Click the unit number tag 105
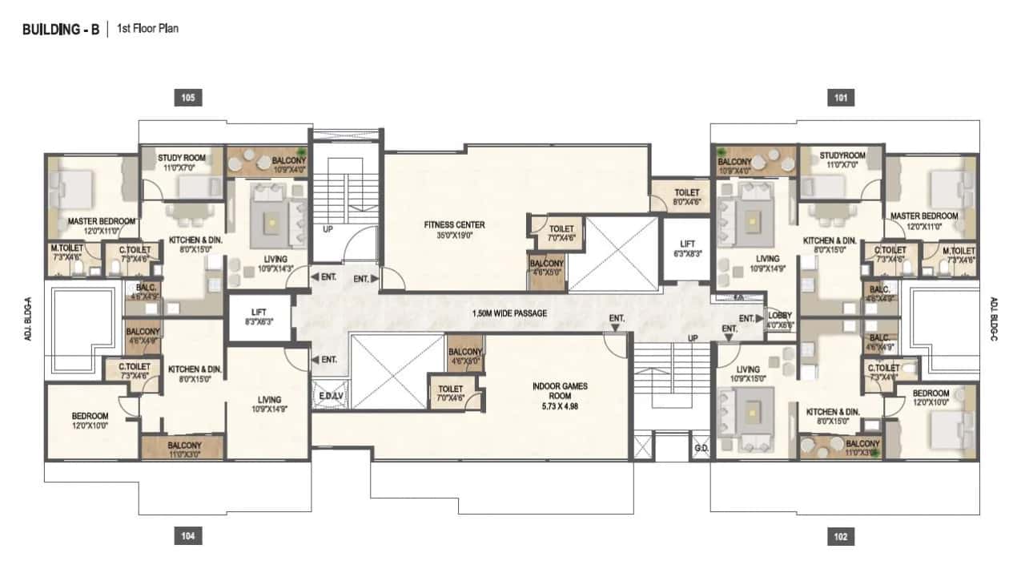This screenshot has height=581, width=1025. [x=187, y=98]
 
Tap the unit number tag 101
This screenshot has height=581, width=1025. [x=840, y=98]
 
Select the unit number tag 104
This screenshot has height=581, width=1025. [x=187, y=536]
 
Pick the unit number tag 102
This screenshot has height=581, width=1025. [x=840, y=536]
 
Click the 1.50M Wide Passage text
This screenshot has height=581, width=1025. [x=510, y=313]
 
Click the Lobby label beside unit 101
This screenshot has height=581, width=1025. [x=780, y=318]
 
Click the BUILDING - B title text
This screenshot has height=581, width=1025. [x=61, y=30]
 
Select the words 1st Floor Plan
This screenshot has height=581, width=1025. [x=147, y=29]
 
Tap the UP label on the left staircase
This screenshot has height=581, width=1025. [x=328, y=228]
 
